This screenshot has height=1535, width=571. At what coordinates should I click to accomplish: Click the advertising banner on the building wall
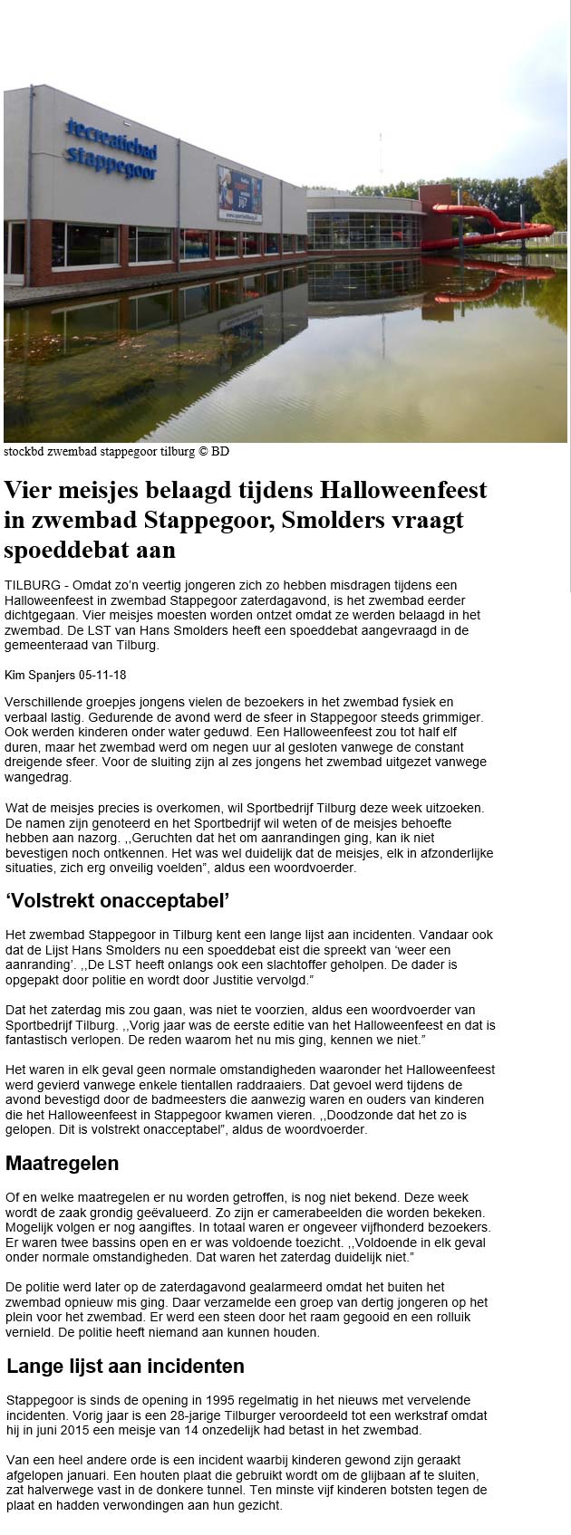click(238, 193)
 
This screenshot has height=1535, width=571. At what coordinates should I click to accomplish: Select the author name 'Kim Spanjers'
click(41, 674)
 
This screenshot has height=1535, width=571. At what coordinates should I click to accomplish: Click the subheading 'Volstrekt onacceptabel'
click(118, 900)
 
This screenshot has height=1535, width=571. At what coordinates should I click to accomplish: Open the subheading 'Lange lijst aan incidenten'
click(125, 1366)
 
